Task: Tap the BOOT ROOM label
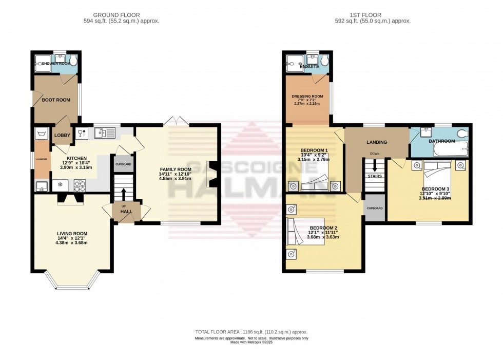[56, 100]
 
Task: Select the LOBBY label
[62, 136]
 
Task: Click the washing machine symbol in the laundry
[41, 134]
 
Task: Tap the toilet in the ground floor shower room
[73, 63]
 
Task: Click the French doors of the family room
[176, 121]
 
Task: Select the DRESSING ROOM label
[307, 97]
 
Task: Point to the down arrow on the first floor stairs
[374, 166]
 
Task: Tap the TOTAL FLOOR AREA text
[251, 332]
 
